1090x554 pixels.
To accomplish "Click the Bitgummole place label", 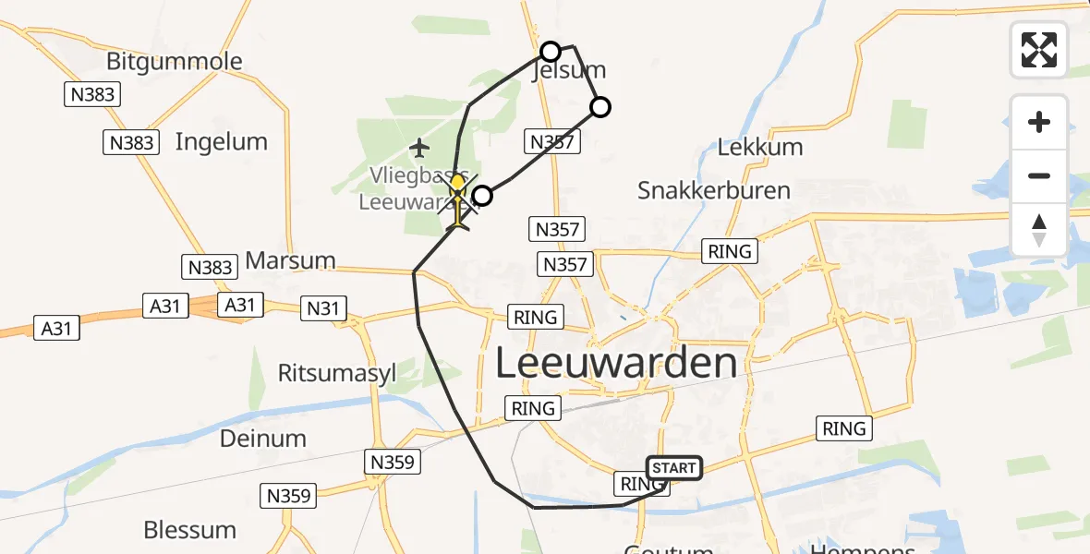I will coord(175,62).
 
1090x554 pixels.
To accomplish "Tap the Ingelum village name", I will coord(221,141).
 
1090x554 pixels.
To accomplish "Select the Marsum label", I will coord(290,260).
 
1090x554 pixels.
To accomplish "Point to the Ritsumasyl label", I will coord(337,372).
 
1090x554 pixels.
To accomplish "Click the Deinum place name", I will coord(262,438).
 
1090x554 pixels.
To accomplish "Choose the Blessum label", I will coord(189,530).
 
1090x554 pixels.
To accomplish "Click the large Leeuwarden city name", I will coord(617,363).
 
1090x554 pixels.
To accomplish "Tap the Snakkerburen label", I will coord(714,190).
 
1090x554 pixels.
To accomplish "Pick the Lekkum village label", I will coord(760,146).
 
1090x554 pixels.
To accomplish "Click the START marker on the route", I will coord(674,468).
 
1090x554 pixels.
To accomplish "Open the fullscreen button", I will coord(1039,49).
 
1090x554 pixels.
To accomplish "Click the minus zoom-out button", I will coord(1039,175).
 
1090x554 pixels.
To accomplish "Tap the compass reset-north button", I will coord(1039,229).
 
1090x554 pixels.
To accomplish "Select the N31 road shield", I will coord(323,308).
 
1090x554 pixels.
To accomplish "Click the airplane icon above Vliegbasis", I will coord(420,147).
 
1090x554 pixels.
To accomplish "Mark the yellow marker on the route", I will coord(457,183).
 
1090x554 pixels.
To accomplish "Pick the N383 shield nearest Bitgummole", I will coord(92,93).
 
